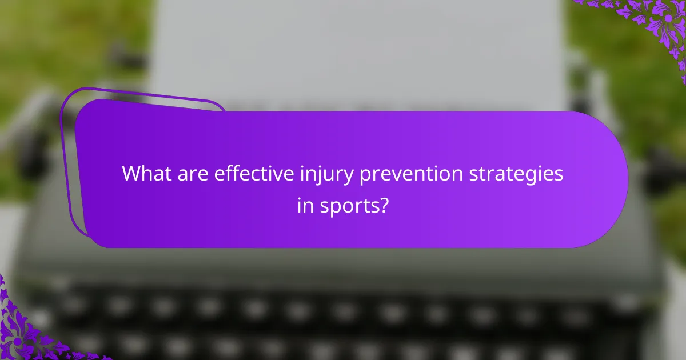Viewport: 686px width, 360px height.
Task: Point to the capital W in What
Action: tap(132, 174)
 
